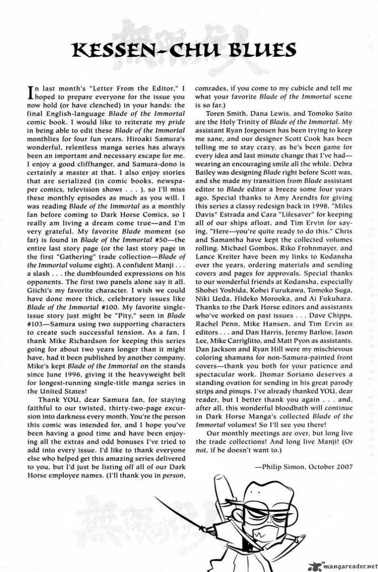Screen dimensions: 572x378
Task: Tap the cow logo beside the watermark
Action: coord(315,565)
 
